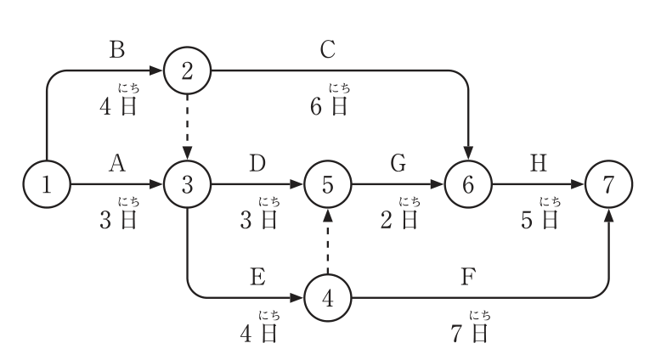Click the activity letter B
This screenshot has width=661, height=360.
point(117,49)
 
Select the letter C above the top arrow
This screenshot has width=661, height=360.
point(328,49)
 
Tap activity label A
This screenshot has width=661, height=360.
point(117,163)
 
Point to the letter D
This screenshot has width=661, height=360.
point(257,163)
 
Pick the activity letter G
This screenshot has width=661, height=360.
point(398,163)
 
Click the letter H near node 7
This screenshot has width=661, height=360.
point(539,163)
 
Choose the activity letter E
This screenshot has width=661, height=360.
point(257,277)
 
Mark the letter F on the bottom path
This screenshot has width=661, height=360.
point(468,277)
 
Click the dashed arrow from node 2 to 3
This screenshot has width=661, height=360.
point(187,127)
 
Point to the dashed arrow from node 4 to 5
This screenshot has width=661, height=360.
point(328,241)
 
